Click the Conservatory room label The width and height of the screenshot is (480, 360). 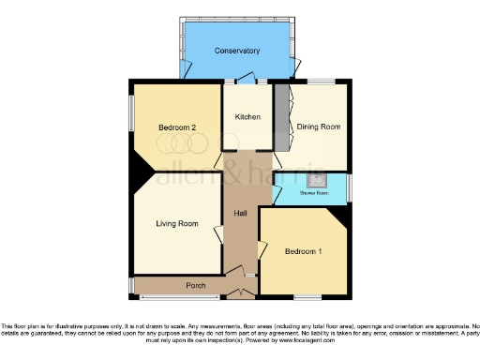236,50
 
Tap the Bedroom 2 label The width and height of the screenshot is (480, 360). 176,127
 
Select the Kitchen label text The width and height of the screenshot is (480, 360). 247,117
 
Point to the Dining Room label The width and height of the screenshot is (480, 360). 318,126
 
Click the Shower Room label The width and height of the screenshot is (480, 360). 313,193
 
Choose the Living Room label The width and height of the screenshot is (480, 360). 176,223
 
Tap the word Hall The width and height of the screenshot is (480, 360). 240,215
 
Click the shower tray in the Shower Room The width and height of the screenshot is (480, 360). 318,179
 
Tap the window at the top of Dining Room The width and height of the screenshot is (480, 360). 322,83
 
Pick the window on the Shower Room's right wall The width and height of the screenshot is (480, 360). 349,188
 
